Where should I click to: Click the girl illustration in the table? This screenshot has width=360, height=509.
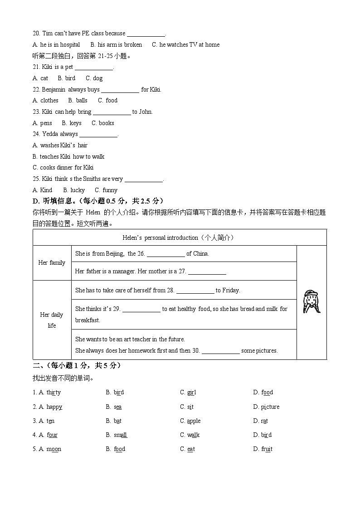point(311,302)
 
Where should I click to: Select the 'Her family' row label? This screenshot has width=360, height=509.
point(52,262)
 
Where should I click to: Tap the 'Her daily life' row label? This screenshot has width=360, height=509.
point(52,320)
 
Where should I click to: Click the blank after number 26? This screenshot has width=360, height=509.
point(165,254)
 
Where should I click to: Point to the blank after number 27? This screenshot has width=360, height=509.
point(207,272)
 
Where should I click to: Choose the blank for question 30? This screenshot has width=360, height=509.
point(220,351)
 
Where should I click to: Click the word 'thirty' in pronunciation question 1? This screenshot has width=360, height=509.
point(54,393)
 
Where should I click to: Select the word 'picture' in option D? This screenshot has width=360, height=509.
point(270,407)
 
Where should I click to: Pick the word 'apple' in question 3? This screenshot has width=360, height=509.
point(194,421)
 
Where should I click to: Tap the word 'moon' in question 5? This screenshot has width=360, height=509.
point(54,449)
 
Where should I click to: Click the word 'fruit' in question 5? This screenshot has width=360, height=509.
point(267,449)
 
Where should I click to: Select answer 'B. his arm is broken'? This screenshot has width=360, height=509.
point(116,45)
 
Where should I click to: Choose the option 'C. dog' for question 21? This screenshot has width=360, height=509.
point(94,78)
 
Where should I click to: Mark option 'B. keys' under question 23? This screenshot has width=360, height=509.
point(72,123)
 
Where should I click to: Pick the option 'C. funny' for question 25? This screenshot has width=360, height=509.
point(106,190)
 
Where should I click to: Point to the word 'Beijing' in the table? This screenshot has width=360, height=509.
point(115,254)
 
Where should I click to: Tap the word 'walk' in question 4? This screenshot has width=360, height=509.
point(194,435)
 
